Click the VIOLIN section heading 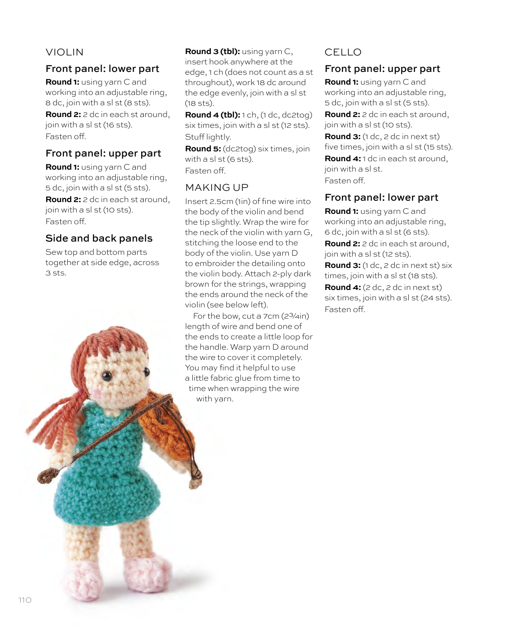[x=64, y=52]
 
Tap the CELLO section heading [x=343, y=52]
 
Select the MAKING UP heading [x=216, y=188]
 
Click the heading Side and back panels [x=99, y=238]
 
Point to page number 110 [x=25, y=600]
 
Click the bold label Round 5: [x=203, y=149]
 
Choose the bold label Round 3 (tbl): [x=212, y=52]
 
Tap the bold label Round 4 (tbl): [x=212, y=115]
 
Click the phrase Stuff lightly [x=208, y=137]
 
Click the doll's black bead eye [x=107, y=376]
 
